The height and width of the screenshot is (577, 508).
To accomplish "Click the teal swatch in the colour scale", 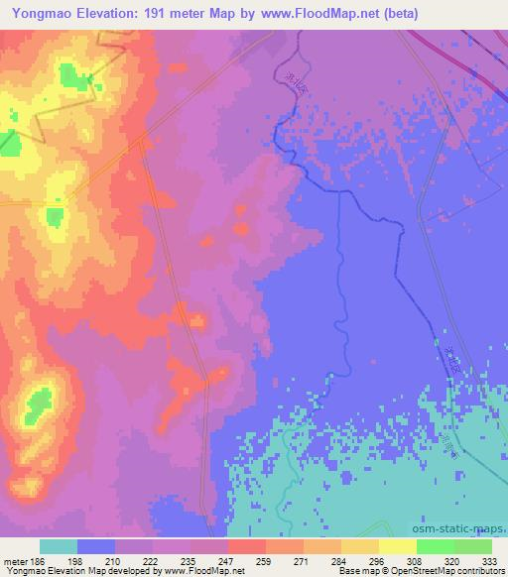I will pyautogui.click(x=59, y=546).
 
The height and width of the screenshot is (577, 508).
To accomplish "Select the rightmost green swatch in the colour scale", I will pyautogui.click(x=472, y=546).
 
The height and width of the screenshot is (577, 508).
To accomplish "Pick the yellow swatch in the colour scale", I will pyautogui.click(x=397, y=546).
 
